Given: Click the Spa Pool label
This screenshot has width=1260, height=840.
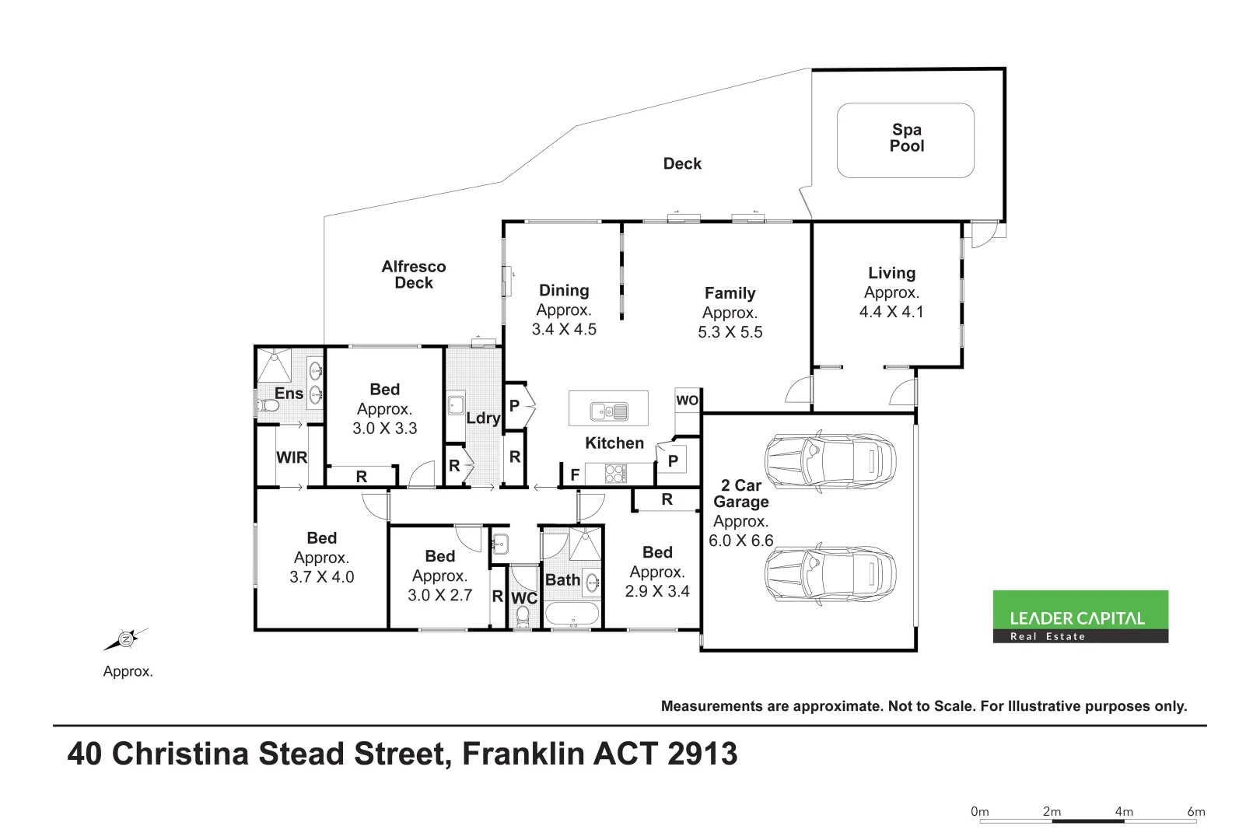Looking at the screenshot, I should click(906, 138).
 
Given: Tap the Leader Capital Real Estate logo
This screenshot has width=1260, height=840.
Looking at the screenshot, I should click(1080, 617).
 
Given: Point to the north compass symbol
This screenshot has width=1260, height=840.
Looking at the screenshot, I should click(125, 639).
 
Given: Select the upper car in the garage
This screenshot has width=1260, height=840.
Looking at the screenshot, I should click(829, 461).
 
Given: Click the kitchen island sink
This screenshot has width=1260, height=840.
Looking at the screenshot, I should click(608, 410).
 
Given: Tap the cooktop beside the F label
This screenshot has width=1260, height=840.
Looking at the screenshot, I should click(615, 473).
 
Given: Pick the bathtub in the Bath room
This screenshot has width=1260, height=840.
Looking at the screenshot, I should click(572, 614).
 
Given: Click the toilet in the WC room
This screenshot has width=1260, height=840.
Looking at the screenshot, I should click(523, 618).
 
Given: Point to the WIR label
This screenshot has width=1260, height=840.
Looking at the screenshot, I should click(292, 458).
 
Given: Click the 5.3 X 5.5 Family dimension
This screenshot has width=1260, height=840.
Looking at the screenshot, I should click(730, 332).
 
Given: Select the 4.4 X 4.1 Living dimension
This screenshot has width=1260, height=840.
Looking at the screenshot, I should click(891, 312).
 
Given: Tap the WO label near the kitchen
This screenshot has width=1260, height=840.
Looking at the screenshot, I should click(687, 401).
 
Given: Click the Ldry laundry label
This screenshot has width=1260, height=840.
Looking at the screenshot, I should click(482, 418).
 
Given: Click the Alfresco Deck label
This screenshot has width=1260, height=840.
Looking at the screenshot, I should click(414, 275).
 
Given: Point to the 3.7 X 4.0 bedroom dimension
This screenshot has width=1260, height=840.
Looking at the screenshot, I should click(321, 577).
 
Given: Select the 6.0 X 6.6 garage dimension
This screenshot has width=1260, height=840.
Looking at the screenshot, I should click(740, 541).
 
